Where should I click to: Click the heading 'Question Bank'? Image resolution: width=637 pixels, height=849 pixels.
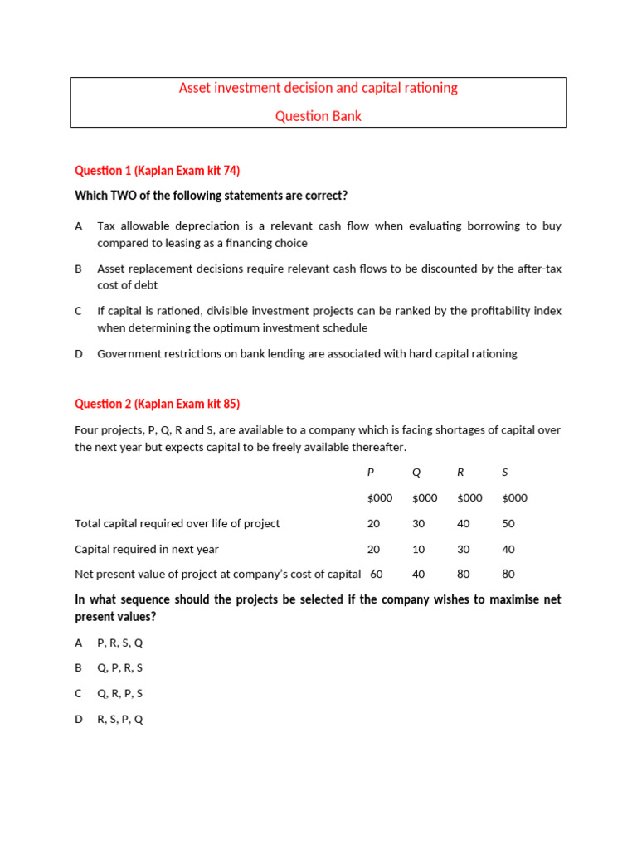click(318, 116)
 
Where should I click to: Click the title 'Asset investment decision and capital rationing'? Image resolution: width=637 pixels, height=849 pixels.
click(318, 88)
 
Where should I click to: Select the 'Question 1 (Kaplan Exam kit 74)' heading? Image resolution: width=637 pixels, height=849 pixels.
click(157, 171)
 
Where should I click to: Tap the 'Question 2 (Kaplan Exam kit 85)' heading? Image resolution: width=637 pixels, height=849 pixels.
click(157, 404)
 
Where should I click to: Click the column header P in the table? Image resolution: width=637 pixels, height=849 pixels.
click(371, 473)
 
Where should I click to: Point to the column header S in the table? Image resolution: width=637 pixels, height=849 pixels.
click(505, 473)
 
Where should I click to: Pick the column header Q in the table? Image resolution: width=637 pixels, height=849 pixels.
click(416, 473)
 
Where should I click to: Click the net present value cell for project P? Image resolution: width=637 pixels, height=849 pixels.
click(376, 574)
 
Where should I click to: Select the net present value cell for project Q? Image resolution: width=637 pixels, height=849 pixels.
click(418, 574)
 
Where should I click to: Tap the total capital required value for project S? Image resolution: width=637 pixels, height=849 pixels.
click(508, 523)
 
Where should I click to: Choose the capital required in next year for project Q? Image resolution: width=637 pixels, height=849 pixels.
click(418, 549)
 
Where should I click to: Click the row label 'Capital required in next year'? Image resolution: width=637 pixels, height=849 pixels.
click(147, 549)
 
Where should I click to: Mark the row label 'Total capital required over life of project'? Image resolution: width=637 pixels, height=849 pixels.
click(177, 523)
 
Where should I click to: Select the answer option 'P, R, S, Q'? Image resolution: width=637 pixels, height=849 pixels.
click(120, 643)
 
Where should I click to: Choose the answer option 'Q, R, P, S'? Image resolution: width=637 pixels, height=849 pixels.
click(120, 693)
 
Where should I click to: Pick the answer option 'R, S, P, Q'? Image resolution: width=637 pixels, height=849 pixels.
click(120, 719)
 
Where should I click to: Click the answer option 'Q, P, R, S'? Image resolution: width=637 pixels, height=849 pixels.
click(120, 667)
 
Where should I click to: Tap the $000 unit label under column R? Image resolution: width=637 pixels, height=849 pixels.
click(469, 498)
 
